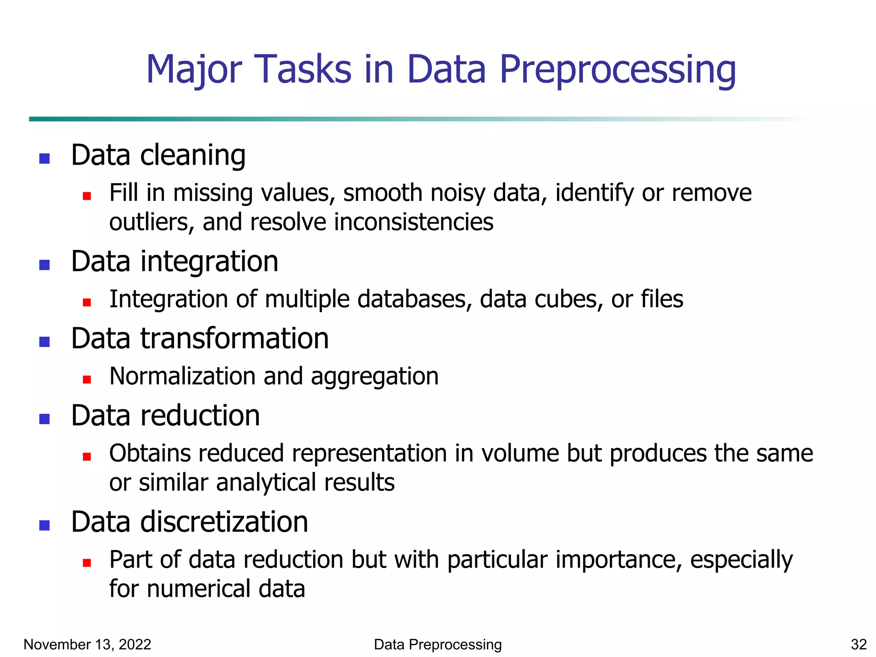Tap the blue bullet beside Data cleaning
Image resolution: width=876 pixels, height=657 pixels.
(x=44, y=159)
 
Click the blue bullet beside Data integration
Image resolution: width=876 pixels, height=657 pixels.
(x=44, y=265)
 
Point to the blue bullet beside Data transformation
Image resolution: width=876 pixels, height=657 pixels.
(x=44, y=342)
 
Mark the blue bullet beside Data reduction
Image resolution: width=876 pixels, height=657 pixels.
(x=44, y=419)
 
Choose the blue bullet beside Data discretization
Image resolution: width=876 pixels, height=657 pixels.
(x=44, y=525)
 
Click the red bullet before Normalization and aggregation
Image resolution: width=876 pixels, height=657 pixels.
(x=87, y=379)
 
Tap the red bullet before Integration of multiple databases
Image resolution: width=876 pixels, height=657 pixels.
(x=87, y=302)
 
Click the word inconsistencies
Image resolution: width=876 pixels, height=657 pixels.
(x=414, y=222)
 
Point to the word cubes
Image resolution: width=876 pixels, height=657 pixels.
(x=569, y=299)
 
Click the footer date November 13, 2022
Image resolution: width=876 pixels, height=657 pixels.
(x=87, y=645)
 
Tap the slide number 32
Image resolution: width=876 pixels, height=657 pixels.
(x=858, y=645)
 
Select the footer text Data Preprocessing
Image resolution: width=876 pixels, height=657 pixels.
(x=438, y=645)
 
